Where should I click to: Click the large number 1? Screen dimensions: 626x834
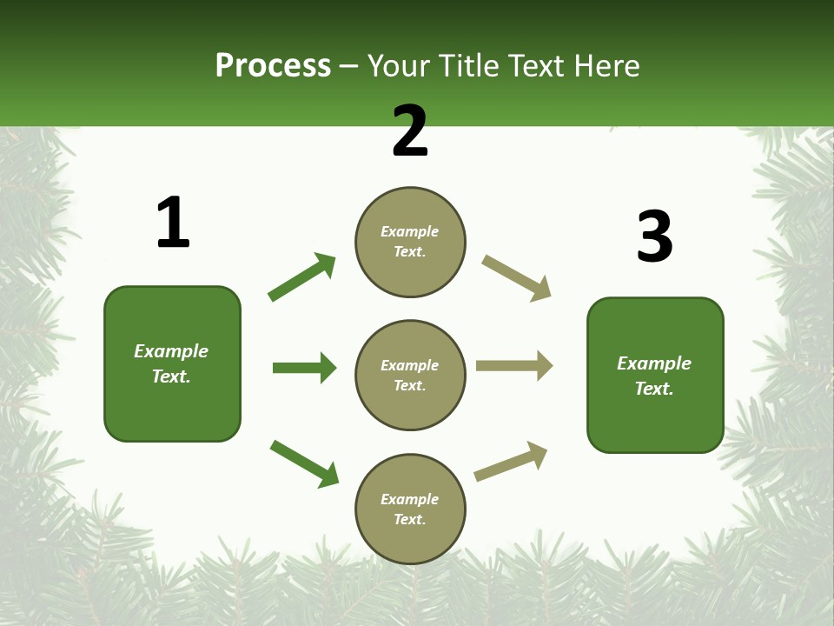[173, 223]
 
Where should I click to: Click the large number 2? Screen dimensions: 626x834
[410, 132]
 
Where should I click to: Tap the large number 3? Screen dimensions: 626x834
[654, 237]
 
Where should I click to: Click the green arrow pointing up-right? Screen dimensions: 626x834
[302, 277]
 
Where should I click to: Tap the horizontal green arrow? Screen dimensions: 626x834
[304, 368]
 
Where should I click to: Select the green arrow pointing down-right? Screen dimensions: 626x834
[304, 463]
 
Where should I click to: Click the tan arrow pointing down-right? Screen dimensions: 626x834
[516, 278]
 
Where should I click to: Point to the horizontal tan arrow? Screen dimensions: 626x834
[513, 366]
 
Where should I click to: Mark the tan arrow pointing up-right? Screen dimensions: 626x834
[511, 462]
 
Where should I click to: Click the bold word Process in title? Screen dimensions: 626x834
[273, 65]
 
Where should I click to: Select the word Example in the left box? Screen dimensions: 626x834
[171, 351]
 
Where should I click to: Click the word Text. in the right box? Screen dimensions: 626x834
[654, 389]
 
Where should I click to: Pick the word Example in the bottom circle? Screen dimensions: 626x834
[409, 499]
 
